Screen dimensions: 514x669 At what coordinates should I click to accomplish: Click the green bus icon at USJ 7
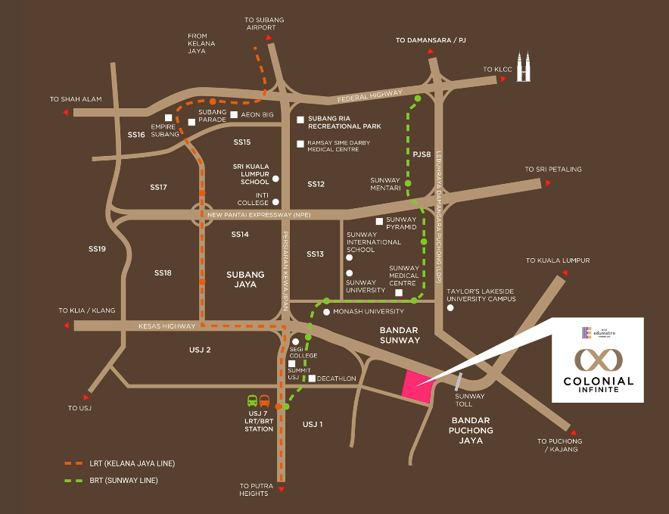click(252, 401)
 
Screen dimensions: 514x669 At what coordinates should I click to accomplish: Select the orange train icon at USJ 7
click(264, 401)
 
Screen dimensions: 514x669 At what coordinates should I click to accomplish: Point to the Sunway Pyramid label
click(401, 223)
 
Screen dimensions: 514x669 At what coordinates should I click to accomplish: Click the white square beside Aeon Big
click(234, 115)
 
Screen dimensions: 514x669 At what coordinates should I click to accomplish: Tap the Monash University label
click(363, 311)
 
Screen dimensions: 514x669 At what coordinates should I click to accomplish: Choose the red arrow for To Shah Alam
click(67, 113)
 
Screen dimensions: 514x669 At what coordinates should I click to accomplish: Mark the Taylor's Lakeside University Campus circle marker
click(450, 308)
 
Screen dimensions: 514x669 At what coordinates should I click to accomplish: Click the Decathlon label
click(336, 378)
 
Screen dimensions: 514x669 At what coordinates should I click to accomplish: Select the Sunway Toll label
click(469, 400)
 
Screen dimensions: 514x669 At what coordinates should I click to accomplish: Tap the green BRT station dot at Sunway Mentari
click(407, 184)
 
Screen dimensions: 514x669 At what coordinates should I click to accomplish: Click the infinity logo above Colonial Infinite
click(593, 358)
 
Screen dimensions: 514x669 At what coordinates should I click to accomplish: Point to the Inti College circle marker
click(275, 202)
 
